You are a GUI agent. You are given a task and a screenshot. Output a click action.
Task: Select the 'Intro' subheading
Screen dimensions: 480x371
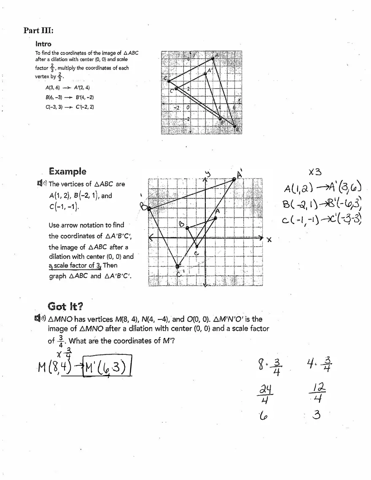pos(43,44)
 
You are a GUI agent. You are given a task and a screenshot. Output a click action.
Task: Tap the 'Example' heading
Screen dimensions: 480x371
pos(67,171)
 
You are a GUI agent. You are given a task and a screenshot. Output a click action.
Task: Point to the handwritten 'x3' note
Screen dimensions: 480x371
pos(315,172)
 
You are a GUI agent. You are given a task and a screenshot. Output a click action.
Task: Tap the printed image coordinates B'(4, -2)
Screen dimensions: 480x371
pos(85,97)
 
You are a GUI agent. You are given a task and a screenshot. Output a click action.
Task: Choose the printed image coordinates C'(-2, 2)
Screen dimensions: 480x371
pos(85,107)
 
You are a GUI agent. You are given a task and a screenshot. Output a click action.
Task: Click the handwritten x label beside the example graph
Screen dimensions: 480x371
pos(269,240)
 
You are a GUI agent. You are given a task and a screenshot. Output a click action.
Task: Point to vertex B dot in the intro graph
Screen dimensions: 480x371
pos(235,126)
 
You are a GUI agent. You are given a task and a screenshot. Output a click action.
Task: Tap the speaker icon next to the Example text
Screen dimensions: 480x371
pos(42,184)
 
